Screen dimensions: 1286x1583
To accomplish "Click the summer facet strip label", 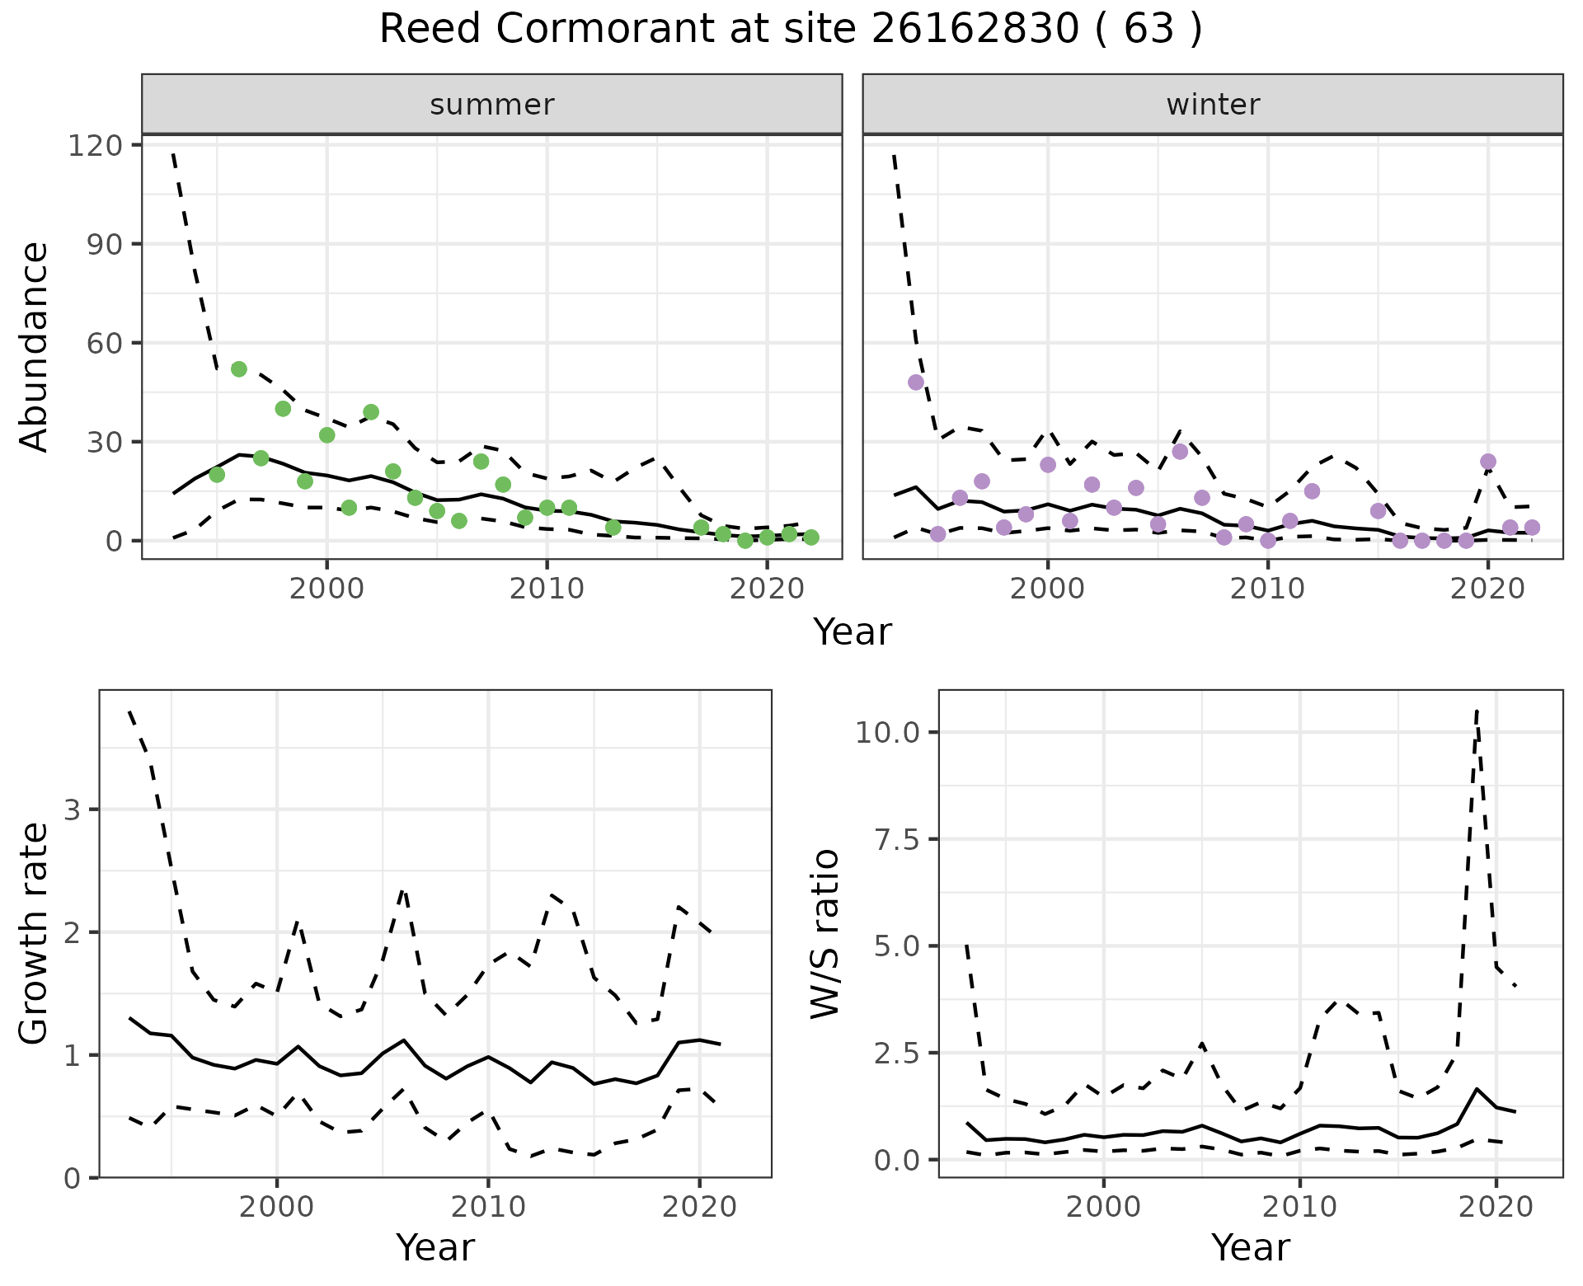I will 491,105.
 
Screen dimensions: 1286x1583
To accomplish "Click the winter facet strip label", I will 1212,105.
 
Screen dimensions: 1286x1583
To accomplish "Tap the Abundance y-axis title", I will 34,346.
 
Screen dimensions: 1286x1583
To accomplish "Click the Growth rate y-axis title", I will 34,933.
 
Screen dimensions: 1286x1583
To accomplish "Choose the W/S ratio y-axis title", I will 825,933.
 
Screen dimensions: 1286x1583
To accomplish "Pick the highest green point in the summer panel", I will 239,369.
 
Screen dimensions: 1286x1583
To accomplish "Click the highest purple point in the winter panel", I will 915,383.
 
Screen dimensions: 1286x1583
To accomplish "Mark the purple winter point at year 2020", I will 1487,462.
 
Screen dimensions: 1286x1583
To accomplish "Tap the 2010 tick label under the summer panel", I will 547,589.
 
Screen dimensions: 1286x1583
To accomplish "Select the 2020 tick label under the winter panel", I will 1487,589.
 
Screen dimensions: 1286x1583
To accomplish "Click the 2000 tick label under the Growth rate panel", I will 276,1208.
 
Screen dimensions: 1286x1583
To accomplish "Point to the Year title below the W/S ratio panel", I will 1250,1247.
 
